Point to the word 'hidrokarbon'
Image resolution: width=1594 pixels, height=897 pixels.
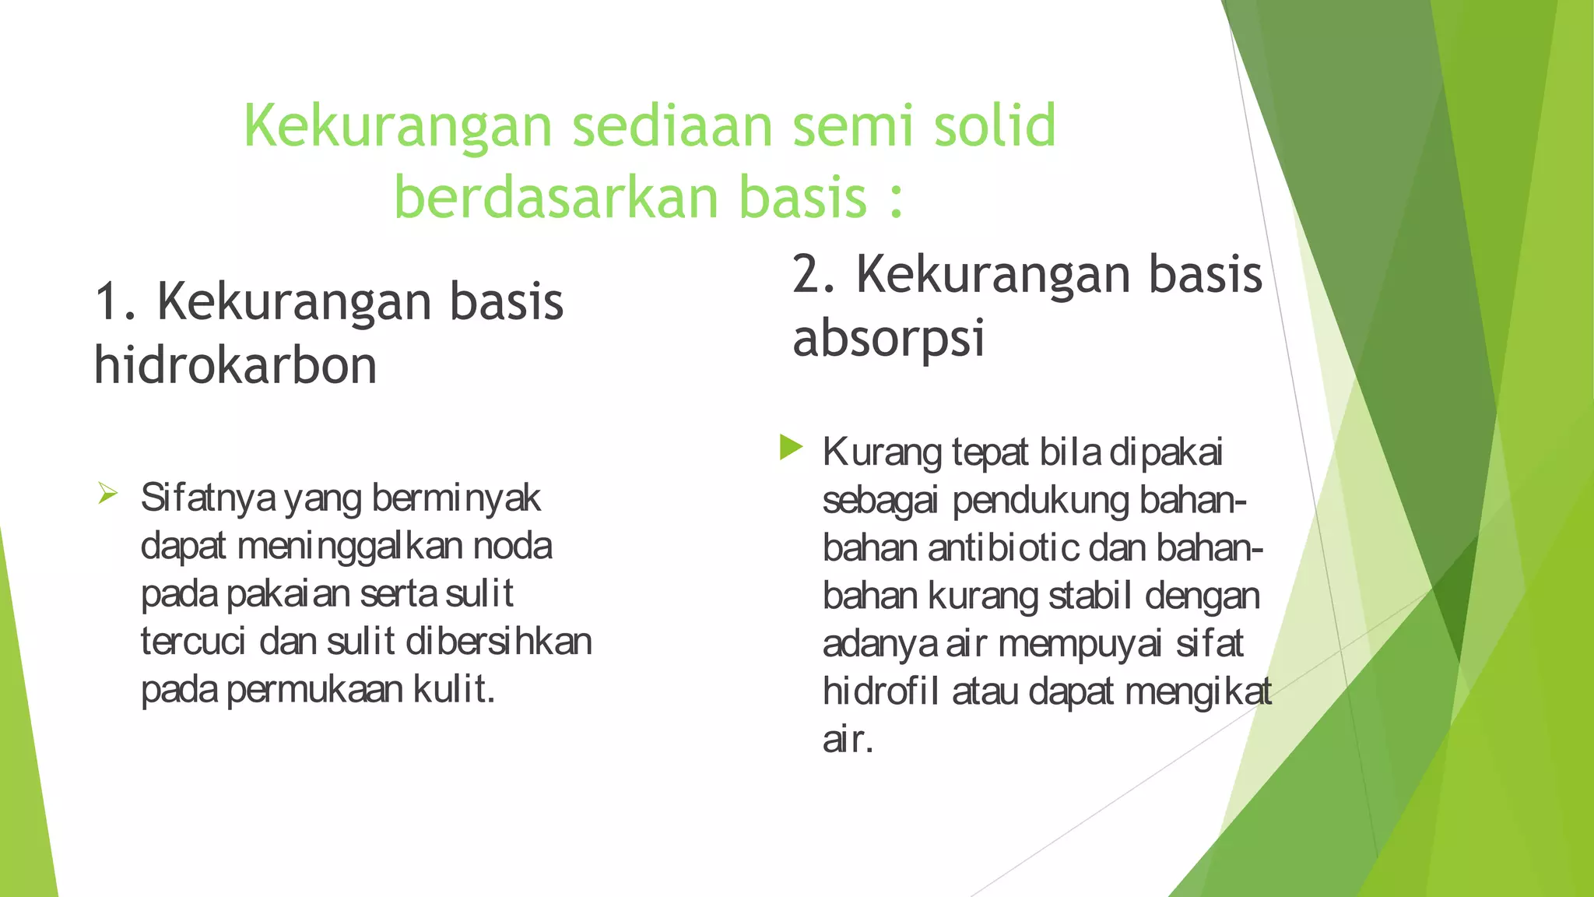pyautogui.click(x=235, y=366)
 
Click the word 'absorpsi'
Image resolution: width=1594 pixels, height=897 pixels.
pyautogui.click(x=888, y=339)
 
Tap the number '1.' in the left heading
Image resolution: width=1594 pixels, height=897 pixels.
pyautogui.click(x=117, y=302)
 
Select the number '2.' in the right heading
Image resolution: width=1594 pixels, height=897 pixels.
pyautogui.click(x=814, y=275)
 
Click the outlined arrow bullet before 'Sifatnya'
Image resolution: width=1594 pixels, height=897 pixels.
pyautogui.click(x=107, y=493)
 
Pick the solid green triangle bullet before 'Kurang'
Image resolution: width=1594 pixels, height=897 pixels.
pyautogui.click(x=790, y=447)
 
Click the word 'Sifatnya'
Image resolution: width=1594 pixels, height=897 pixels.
pyautogui.click(x=208, y=498)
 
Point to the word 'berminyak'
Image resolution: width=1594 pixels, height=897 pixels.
pyautogui.click(x=456, y=498)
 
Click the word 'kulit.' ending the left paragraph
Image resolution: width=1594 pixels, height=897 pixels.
pyautogui.click(x=454, y=690)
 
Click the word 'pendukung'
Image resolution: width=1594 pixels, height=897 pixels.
pyautogui.click(x=1041, y=501)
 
